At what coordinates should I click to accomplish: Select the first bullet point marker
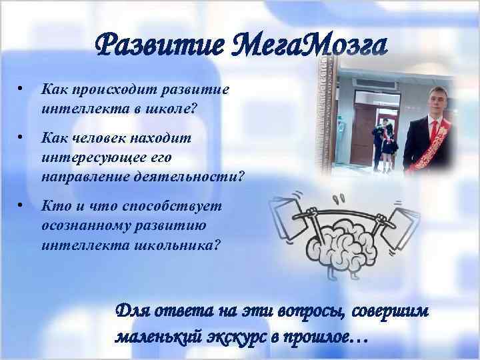click(21, 88)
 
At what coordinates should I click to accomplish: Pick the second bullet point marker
click(21, 137)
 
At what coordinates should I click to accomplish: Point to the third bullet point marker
click(21, 205)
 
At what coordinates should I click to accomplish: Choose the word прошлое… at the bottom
click(327, 336)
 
